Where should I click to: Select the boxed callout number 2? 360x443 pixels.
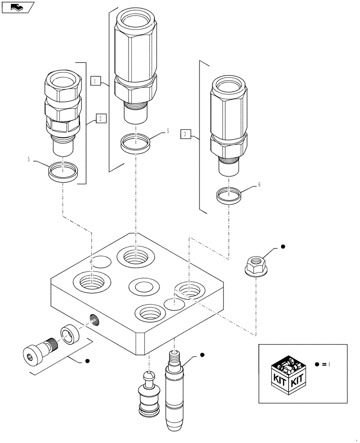100,118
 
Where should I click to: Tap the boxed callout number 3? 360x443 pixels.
185,133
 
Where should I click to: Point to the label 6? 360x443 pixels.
260,185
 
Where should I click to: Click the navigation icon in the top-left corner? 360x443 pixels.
17,7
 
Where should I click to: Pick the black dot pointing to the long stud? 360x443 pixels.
202,354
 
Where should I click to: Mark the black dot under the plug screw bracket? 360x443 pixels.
88,361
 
